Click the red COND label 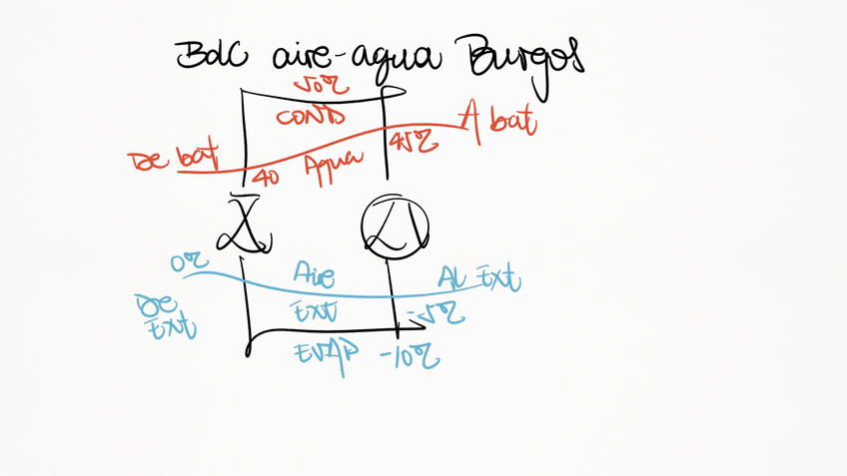pyautogui.click(x=312, y=118)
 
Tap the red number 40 pyautogui.click(x=266, y=179)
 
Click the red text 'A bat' pyautogui.click(x=497, y=124)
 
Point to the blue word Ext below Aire pyautogui.click(x=315, y=311)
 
